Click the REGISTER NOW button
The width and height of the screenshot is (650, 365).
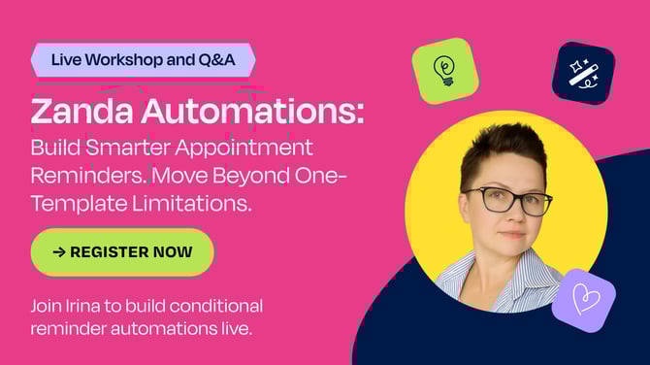[122, 252]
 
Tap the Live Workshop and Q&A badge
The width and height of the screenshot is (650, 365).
[144, 59]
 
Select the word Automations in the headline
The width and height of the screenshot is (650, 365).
[253, 112]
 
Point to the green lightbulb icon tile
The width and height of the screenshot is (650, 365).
[444, 71]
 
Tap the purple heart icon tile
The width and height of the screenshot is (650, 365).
[583, 300]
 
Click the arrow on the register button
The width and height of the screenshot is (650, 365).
[59, 252]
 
